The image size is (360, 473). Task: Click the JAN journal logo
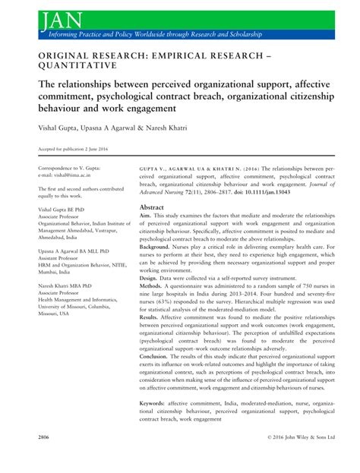pos(44,16)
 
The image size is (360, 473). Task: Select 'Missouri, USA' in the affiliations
pos(56,313)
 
